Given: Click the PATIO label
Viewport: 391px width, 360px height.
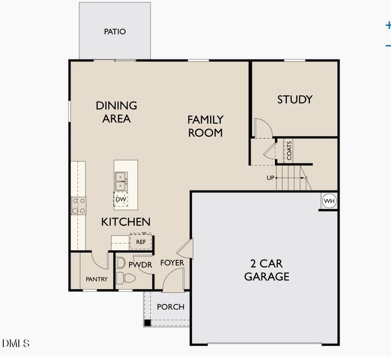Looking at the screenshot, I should pyautogui.click(x=115, y=32).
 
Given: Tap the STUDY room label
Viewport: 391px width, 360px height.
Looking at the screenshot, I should pyautogui.click(x=295, y=100).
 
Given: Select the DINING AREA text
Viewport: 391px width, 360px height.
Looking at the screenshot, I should pyautogui.click(x=116, y=112).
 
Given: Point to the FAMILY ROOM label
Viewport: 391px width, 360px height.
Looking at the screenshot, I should pyautogui.click(x=205, y=126).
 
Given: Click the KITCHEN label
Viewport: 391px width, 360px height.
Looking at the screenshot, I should pyautogui.click(x=126, y=222).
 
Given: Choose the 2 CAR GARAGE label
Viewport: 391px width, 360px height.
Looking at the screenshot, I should pyautogui.click(x=266, y=270).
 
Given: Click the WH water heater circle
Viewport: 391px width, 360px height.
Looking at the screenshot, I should pyautogui.click(x=329, y=201).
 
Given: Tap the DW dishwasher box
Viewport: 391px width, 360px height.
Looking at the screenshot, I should pyautogui.click(x=120, y=199).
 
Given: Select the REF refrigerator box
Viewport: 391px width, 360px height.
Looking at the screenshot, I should pyautogui.click(x=141, y=242).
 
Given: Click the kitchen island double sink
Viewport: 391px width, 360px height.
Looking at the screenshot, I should pyautogui.click(x=120, y=181).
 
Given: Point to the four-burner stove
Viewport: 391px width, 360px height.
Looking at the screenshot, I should pyautogui.click(x=79, y=206).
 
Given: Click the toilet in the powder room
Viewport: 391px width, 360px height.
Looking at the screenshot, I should pyautogui.click(x=126, y=278).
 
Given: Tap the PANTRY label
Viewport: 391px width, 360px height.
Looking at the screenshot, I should pyautogui.click(x=96, y=279).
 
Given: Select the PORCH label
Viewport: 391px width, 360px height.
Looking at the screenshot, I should pyautogui.click(x=170, y=307).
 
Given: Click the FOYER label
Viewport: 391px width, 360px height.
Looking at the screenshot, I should pyautogui.click(x=172, y=263).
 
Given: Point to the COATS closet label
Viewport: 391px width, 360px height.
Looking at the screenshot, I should pyautogui.click(x=289, y=151).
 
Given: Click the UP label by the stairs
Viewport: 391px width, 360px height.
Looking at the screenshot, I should pyautogui.click(x=271, y=178).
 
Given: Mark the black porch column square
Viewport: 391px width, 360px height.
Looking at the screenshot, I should pyautogui.click(x=148, y=323).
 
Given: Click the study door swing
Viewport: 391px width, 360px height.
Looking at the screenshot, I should pyautogui.click(x=262, y=128).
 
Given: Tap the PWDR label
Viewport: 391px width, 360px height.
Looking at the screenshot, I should pyautogui.click(x=140, y=265).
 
